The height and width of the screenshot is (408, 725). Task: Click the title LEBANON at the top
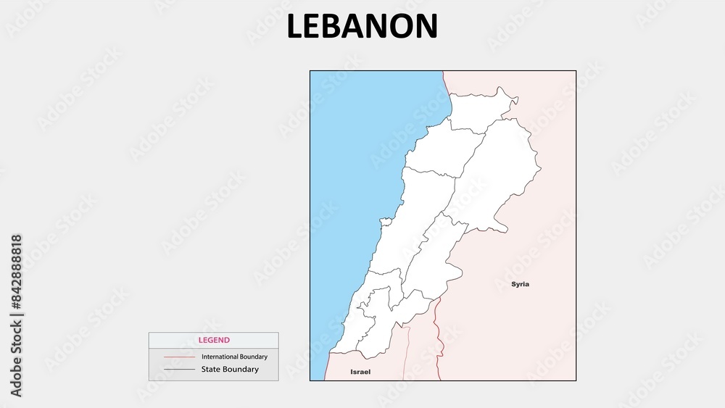[362, 26]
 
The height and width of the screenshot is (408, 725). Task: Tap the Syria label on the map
[520, 284]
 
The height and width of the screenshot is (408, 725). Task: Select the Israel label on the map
[360, 372]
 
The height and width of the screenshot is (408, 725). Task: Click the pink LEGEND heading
[214, 340]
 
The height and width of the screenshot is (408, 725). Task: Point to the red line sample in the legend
[179, 357]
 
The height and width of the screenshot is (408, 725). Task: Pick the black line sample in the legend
[179, 370]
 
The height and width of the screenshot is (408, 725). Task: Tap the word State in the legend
[212, 370]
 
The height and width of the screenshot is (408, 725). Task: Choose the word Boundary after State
[242, 370]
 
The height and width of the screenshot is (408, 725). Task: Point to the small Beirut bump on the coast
[386, 220]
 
